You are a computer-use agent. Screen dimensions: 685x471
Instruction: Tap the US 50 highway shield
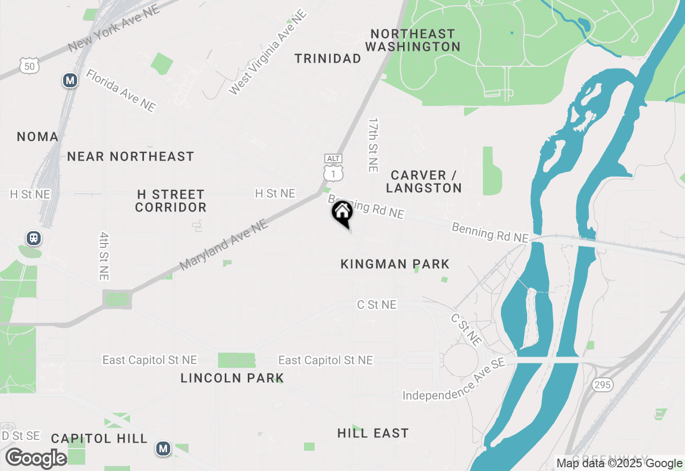click(x=29, y=65)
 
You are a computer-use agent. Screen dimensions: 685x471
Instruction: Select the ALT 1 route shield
click(x=333, y=168)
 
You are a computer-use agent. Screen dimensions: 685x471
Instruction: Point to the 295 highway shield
click(x=602, y=384)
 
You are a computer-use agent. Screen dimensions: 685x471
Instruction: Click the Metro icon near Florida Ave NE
click(x=70, y=81)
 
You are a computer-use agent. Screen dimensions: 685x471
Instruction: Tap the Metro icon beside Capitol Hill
click(x=163, y=449)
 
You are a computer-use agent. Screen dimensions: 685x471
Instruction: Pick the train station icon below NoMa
click(x=34, y=238)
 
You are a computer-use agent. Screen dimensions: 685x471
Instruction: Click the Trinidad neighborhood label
click(x=328, y=59)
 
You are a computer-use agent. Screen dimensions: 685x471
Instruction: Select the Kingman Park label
click(x=395, y=264)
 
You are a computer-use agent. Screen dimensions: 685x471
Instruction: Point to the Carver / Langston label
click(x=424, y=181)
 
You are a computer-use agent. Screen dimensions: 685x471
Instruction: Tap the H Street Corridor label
click(x=171, y=201)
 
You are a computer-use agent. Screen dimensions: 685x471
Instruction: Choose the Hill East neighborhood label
click(x=373, y=433)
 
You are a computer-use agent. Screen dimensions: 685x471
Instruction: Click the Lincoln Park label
click(x=232, y=378)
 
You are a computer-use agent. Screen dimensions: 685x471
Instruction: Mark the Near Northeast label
click(x=131, y=156)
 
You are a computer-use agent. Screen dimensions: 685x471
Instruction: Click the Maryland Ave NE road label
click(x=224, y=246)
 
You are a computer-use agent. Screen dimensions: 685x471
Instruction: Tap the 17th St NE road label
click(x=373, y=145)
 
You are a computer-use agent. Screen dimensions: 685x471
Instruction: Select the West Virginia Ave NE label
click(x=268, y=52)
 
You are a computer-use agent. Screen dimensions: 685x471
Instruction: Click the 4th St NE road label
click(x=104, y=256)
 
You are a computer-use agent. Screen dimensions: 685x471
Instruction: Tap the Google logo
click(x=36, y=459)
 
